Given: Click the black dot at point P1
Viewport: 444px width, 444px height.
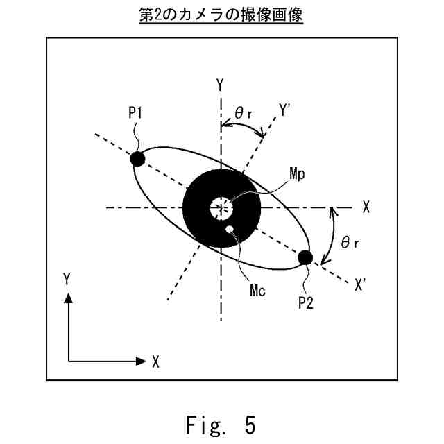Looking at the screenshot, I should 137,158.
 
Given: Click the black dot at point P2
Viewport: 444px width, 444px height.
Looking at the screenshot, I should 305,258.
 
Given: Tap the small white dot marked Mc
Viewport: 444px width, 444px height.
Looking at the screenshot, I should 230,230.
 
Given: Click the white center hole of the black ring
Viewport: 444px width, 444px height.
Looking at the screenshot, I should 221,207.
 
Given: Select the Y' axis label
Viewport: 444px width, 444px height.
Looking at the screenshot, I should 286,109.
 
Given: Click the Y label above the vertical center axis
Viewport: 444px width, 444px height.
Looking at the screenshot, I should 220,85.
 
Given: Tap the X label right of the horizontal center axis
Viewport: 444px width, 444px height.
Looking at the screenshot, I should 366,207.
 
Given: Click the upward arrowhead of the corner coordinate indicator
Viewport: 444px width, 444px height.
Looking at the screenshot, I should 68,298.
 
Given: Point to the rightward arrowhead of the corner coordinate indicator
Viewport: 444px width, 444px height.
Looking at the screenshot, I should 138,361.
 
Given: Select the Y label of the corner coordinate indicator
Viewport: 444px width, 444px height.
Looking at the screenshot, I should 67,278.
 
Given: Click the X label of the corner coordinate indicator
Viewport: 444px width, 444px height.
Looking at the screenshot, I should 156,361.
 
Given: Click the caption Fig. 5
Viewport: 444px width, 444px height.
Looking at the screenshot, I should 221,423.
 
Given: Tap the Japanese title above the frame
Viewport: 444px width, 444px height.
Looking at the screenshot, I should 221,15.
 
